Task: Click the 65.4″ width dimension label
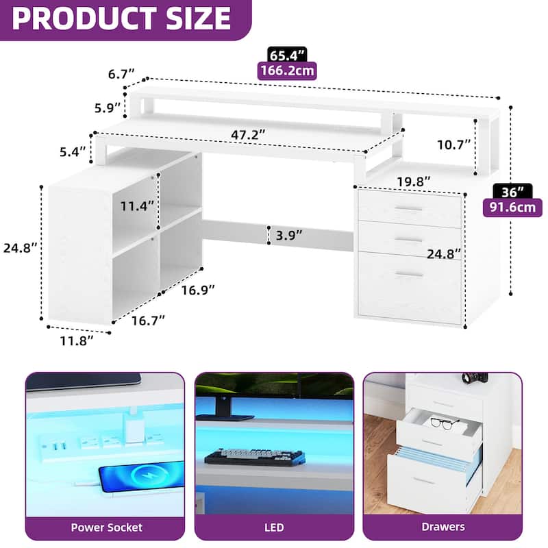point(287,55)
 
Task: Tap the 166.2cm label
point(287,71)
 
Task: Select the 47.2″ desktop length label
point(248,134)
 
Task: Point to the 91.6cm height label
point(512,208)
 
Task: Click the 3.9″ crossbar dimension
point(289,235)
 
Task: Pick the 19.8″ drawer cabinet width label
point(413,182)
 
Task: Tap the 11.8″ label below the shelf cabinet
point(77,340)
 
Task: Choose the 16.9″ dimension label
point(197,290)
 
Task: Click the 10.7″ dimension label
point(454,145)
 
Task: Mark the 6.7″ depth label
point(121,74)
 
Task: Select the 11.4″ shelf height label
point(137,206)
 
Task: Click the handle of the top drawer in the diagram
point(408,209)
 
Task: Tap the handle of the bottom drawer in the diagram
point(409,275)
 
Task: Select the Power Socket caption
point(106,527)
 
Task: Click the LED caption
point(274,527)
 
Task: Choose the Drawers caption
point(443,527)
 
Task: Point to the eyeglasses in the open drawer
point(444,423)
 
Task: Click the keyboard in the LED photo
point(254,457)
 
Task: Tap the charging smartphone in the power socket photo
point(141,475)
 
